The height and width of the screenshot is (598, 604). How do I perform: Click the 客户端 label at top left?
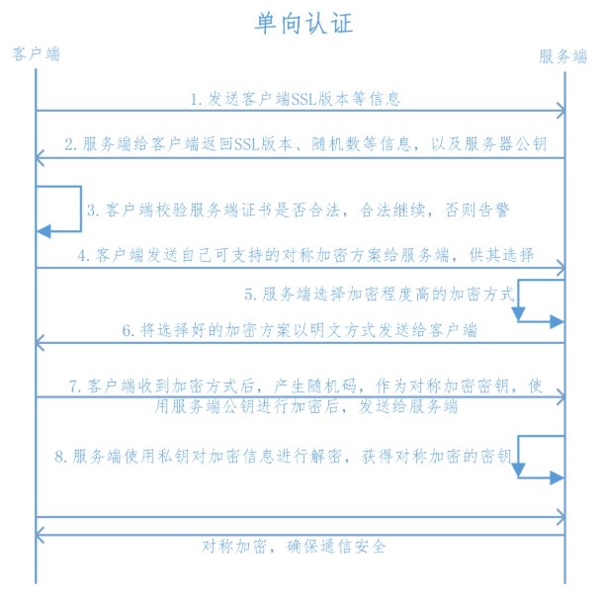(37, 53)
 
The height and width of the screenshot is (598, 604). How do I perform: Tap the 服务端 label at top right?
(563, 56)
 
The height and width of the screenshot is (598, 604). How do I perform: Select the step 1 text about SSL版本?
(296, 99)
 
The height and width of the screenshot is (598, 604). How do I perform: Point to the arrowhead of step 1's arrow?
(560, 112)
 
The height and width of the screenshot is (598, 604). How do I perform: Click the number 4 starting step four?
(87, 255)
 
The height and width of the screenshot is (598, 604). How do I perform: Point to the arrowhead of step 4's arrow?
(560, 267)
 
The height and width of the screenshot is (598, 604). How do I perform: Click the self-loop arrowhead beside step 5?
(557, 322)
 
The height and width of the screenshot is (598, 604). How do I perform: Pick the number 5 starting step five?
(250, 295)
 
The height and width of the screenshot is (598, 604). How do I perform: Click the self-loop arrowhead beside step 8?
(557, 477)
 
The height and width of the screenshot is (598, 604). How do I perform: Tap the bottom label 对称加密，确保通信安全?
(294, 546)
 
